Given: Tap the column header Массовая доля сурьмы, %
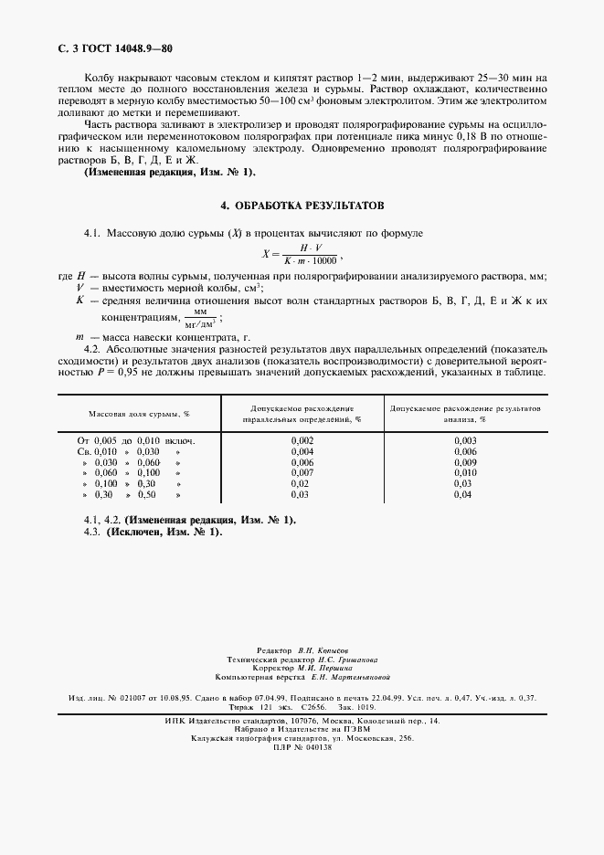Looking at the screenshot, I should coord(139,414).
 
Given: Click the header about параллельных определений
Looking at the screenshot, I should coord(302,414).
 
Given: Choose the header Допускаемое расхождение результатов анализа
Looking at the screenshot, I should coord(465,414).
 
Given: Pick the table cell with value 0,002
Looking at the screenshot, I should coord(302,440).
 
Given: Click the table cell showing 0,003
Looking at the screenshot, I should coord(465,440).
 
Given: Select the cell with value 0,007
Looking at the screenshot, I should coord(302,472).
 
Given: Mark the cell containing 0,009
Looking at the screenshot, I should coord(465,462).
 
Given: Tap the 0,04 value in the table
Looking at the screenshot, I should coord(465,494).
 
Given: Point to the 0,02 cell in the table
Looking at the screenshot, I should coord(302,483).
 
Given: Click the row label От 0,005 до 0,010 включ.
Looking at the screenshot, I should coord(136,440).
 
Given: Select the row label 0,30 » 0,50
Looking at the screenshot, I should coord(132,494).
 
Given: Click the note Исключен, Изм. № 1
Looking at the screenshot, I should coord(164,532).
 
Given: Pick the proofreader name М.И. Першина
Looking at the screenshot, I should coord(320,668).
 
